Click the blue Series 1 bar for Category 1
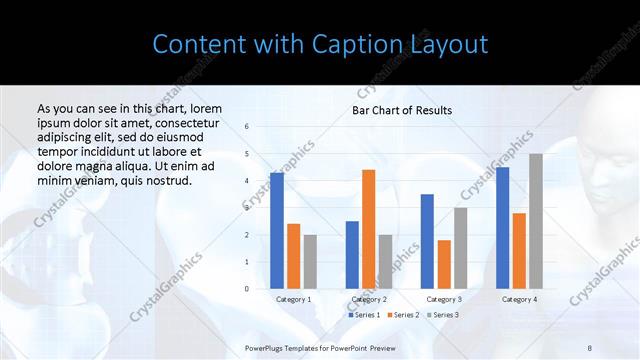[x=277, y=231]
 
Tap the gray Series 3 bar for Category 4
[x=536, y=221]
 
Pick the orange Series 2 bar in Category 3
[x=444, y=264]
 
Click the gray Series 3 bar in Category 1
[x=310, y=262]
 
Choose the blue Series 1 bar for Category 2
[x=352, y=255]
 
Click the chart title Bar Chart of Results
[x=402, y=110]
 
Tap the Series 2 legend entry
[x=402, y=315]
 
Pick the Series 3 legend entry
[x=442, y=315]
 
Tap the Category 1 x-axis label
[x=294, y=299]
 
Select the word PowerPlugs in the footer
[x=265, y=347]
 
